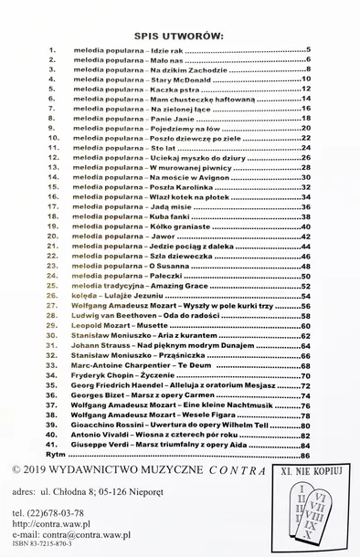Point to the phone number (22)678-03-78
tap(59, 513)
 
